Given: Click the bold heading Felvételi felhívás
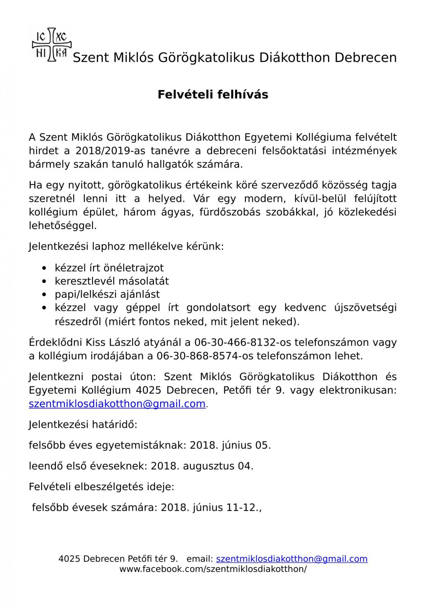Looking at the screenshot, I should pos(213,94).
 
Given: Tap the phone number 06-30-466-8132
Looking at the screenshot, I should pos(237,342).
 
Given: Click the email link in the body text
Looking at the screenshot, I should pos(117,403).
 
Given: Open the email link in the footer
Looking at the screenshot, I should pos(291,559).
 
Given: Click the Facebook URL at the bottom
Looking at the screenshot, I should pos(213,569).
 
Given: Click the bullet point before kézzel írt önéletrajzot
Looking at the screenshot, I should pos(46,268).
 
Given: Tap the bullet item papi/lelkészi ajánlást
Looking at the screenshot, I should pos(107,294).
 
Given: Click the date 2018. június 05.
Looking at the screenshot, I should pos(230,445).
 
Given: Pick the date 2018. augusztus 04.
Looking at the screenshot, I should pos(202,466).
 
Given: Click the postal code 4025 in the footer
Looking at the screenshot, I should pos(69,559).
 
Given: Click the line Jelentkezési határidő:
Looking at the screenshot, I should pos(83,424).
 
